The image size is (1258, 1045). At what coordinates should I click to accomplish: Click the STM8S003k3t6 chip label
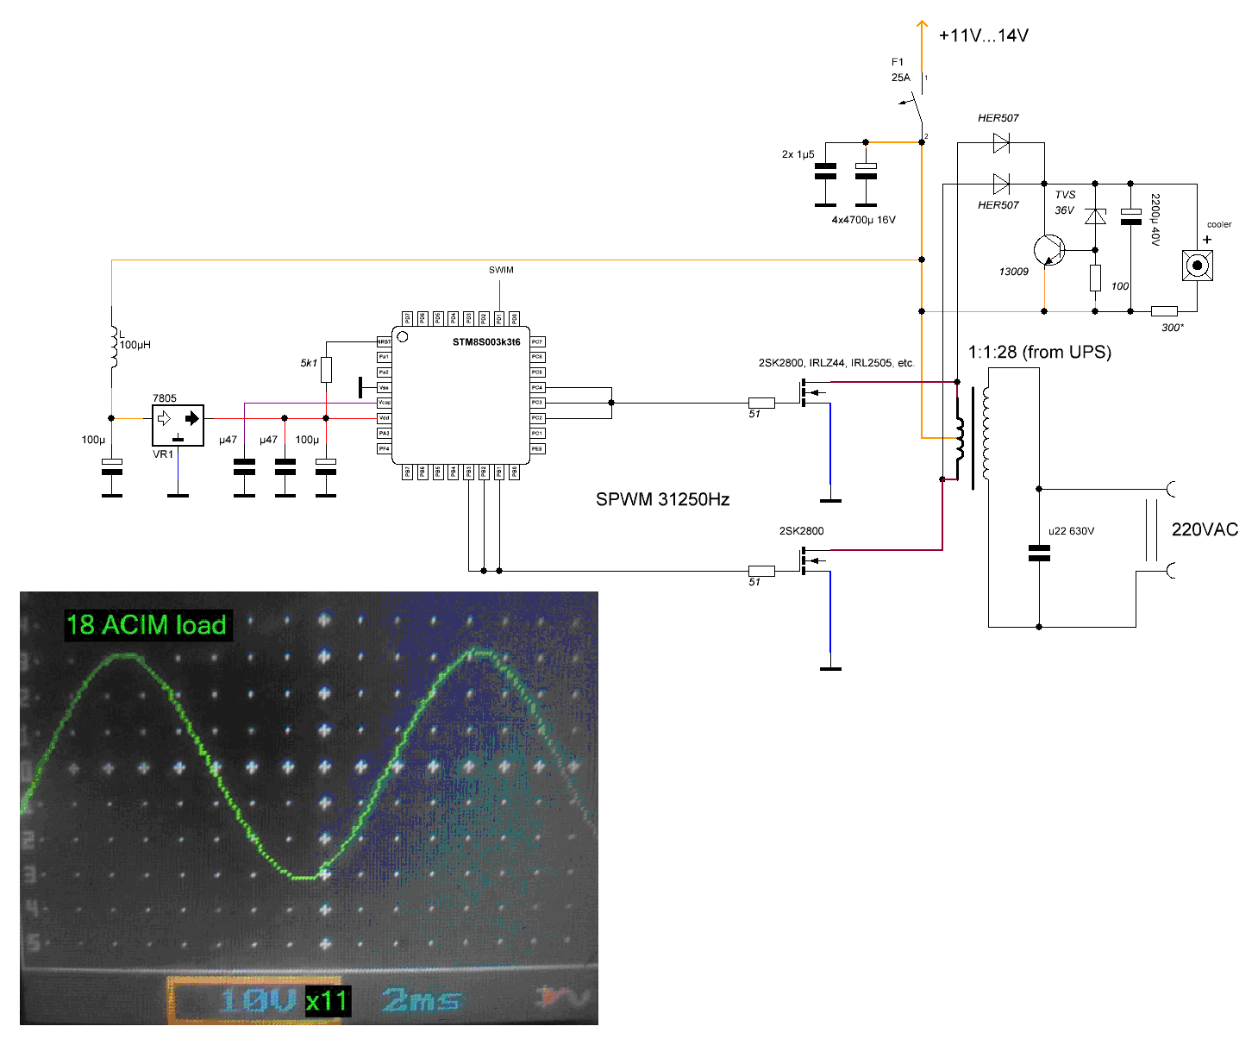click(x=486, y=342)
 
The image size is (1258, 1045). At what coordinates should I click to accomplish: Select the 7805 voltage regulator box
click(x=178, y=425)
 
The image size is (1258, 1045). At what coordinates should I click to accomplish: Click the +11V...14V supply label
click(x=983, y=35)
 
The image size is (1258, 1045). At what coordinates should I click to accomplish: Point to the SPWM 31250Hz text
click(x=662, y=499)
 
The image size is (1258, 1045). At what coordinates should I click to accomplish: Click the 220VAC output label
click(x=1205, y=529)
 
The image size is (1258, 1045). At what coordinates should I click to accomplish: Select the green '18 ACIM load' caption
click(x=147, y=625)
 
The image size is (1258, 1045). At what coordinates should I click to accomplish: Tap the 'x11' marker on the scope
click(x=327, y=1001)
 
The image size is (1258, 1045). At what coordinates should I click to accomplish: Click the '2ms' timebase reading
click(x=421, y=1001)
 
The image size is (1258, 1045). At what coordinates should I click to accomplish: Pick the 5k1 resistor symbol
click(x=326, y=370)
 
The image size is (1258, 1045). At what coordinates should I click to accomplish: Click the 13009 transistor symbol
click(x=1049, y=250)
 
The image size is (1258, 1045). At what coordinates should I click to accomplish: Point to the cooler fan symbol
click(x=1197, y=265)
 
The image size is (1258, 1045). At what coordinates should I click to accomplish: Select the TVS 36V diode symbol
click(x=1095, y=216)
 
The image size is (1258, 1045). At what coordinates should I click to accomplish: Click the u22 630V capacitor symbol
click(x=1039, y=553)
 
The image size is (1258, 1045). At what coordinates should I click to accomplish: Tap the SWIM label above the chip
click(x=501, y=270)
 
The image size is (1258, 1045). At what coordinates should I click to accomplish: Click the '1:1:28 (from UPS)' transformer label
click(x=1039, y=352)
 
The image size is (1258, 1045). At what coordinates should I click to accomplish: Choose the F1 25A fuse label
click(x=900, y=70)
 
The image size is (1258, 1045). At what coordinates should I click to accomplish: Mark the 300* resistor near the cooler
click(x=1164, y=311)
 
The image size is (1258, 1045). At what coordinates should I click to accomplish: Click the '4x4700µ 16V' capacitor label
click(x=863, y=220)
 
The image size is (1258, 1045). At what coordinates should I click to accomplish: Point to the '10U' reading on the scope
click(x=258, y=1001)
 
